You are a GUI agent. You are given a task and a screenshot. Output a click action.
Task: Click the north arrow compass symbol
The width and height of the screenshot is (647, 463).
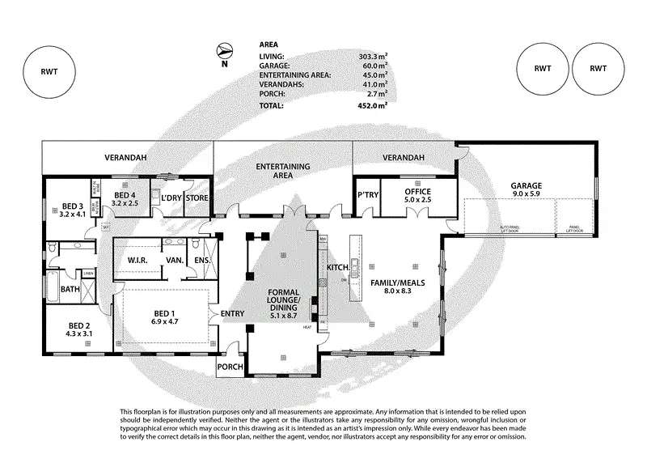pyautogui.click(x=226, y=51)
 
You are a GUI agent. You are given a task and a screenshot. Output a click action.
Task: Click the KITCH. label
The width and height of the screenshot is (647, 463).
pyautogui.click(x=337, y=267)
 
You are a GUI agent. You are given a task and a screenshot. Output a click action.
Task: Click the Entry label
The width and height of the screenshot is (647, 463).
pyautogui.click(x=231, y=313)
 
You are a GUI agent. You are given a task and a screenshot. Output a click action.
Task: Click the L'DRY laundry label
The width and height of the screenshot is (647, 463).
pyautogui.click(x=171, y=198)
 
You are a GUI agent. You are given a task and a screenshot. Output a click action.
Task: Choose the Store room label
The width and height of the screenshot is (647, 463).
pyautogui.click(x=198, y=198)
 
